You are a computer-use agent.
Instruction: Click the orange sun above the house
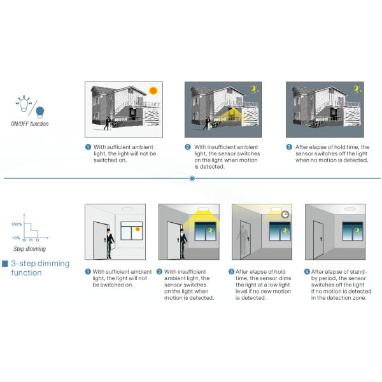153,90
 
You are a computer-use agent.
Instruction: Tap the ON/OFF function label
30,124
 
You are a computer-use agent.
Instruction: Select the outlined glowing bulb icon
24,104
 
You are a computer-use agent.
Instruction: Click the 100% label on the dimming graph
17,224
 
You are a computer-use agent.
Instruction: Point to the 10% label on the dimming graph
16,237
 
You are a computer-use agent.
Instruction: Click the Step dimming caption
30,249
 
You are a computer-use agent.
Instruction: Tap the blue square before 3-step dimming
5,264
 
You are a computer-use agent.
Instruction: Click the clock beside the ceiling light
285,215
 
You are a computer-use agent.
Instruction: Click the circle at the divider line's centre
192,178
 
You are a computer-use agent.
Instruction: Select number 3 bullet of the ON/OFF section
289,147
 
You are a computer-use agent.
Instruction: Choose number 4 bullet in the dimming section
308,272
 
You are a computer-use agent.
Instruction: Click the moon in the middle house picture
254,88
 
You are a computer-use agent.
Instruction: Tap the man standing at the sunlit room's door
110,243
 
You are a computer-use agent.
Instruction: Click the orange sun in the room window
138,229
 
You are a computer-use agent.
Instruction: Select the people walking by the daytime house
108,124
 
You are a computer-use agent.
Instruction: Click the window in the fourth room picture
353,232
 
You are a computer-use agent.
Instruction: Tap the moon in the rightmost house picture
357,88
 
